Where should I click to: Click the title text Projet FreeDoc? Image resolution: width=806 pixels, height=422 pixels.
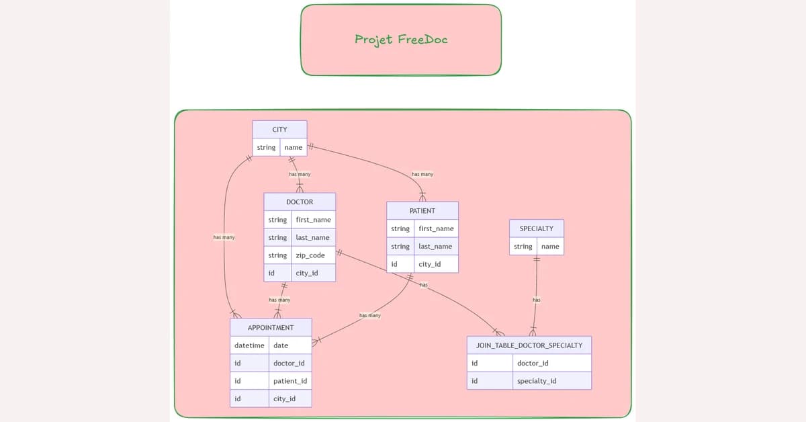[401, 39]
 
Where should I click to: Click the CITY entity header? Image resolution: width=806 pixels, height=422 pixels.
[279, 130]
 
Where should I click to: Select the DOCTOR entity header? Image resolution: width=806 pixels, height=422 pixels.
[300, 202]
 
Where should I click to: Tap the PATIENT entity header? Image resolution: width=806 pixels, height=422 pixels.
[422, 210]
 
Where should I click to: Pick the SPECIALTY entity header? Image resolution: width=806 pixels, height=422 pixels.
[536, 228]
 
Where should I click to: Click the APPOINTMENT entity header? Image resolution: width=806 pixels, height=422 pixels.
[271, 327]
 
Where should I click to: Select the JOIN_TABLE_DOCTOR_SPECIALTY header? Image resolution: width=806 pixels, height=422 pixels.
[529, 345]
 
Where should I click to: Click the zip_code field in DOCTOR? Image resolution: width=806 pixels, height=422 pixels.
[310, 255]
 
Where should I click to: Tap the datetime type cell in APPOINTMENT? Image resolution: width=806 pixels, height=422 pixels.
[249, 345]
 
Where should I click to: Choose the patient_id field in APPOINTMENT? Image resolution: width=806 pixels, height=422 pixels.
[290, 381]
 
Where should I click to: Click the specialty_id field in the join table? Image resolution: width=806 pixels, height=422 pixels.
[537, 381]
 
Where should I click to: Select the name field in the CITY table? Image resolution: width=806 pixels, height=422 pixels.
[294, 147]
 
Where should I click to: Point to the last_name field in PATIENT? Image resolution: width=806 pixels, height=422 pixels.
[435, 247]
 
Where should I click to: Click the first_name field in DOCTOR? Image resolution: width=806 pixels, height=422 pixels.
[313, 220]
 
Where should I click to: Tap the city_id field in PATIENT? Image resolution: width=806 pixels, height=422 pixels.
[430, 264]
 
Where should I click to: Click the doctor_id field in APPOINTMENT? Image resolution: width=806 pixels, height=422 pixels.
[289, 363]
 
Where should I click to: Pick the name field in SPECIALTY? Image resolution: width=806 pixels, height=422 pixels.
[550, 247]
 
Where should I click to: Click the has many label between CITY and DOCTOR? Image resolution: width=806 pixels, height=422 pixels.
[300, 174]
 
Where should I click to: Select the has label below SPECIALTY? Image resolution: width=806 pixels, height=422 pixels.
[537, 300]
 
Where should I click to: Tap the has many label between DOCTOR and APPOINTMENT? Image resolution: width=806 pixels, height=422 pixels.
[279, 300]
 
